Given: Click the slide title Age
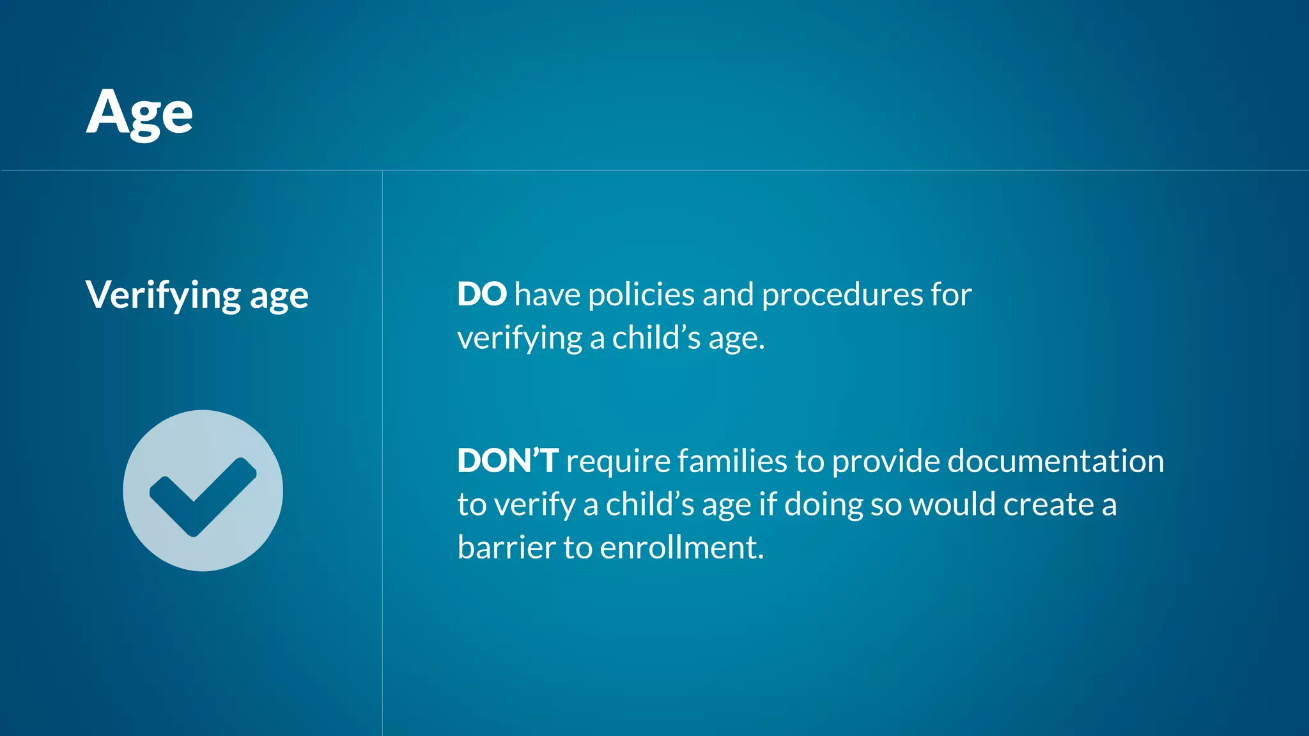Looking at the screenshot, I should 139,113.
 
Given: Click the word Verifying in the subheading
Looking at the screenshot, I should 163,295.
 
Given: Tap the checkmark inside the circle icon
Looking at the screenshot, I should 203,496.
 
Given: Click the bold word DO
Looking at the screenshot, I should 482,295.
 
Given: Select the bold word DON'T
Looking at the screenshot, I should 507,461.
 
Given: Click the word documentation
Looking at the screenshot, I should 1055,461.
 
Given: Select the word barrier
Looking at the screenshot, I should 506,548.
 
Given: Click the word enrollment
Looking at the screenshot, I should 681,548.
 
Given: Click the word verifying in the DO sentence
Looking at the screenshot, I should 519,339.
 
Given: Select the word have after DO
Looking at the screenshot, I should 547,295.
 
